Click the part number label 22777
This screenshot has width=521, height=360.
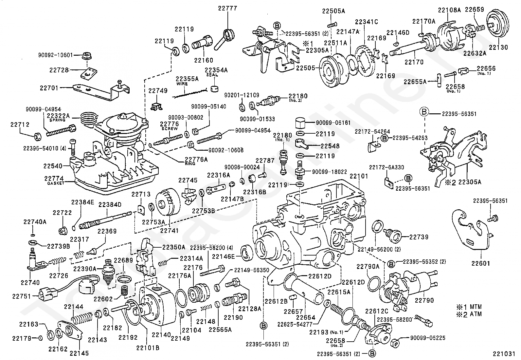(227, 8)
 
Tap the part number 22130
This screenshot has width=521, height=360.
(498, 47)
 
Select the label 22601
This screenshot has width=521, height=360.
(481, 263)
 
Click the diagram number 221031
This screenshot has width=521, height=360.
(504, 354)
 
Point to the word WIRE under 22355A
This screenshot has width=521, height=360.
(182, 84)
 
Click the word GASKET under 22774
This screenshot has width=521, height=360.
(56, 183)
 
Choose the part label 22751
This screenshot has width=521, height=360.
(22, 296)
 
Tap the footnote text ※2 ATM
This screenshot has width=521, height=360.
(469, 314)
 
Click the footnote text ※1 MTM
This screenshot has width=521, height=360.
(469, 307)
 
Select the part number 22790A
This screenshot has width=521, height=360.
(368, 266)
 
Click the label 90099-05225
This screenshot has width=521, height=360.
(428, 338)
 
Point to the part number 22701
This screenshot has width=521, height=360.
(49, 88)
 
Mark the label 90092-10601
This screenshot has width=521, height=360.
(56, 55)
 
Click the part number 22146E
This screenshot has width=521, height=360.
(223, 256)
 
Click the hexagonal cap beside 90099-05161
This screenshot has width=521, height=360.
(300, 123)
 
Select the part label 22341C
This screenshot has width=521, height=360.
(366, 22)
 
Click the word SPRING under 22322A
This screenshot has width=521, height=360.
(58, 120)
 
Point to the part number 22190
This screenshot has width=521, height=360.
(233, 317)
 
